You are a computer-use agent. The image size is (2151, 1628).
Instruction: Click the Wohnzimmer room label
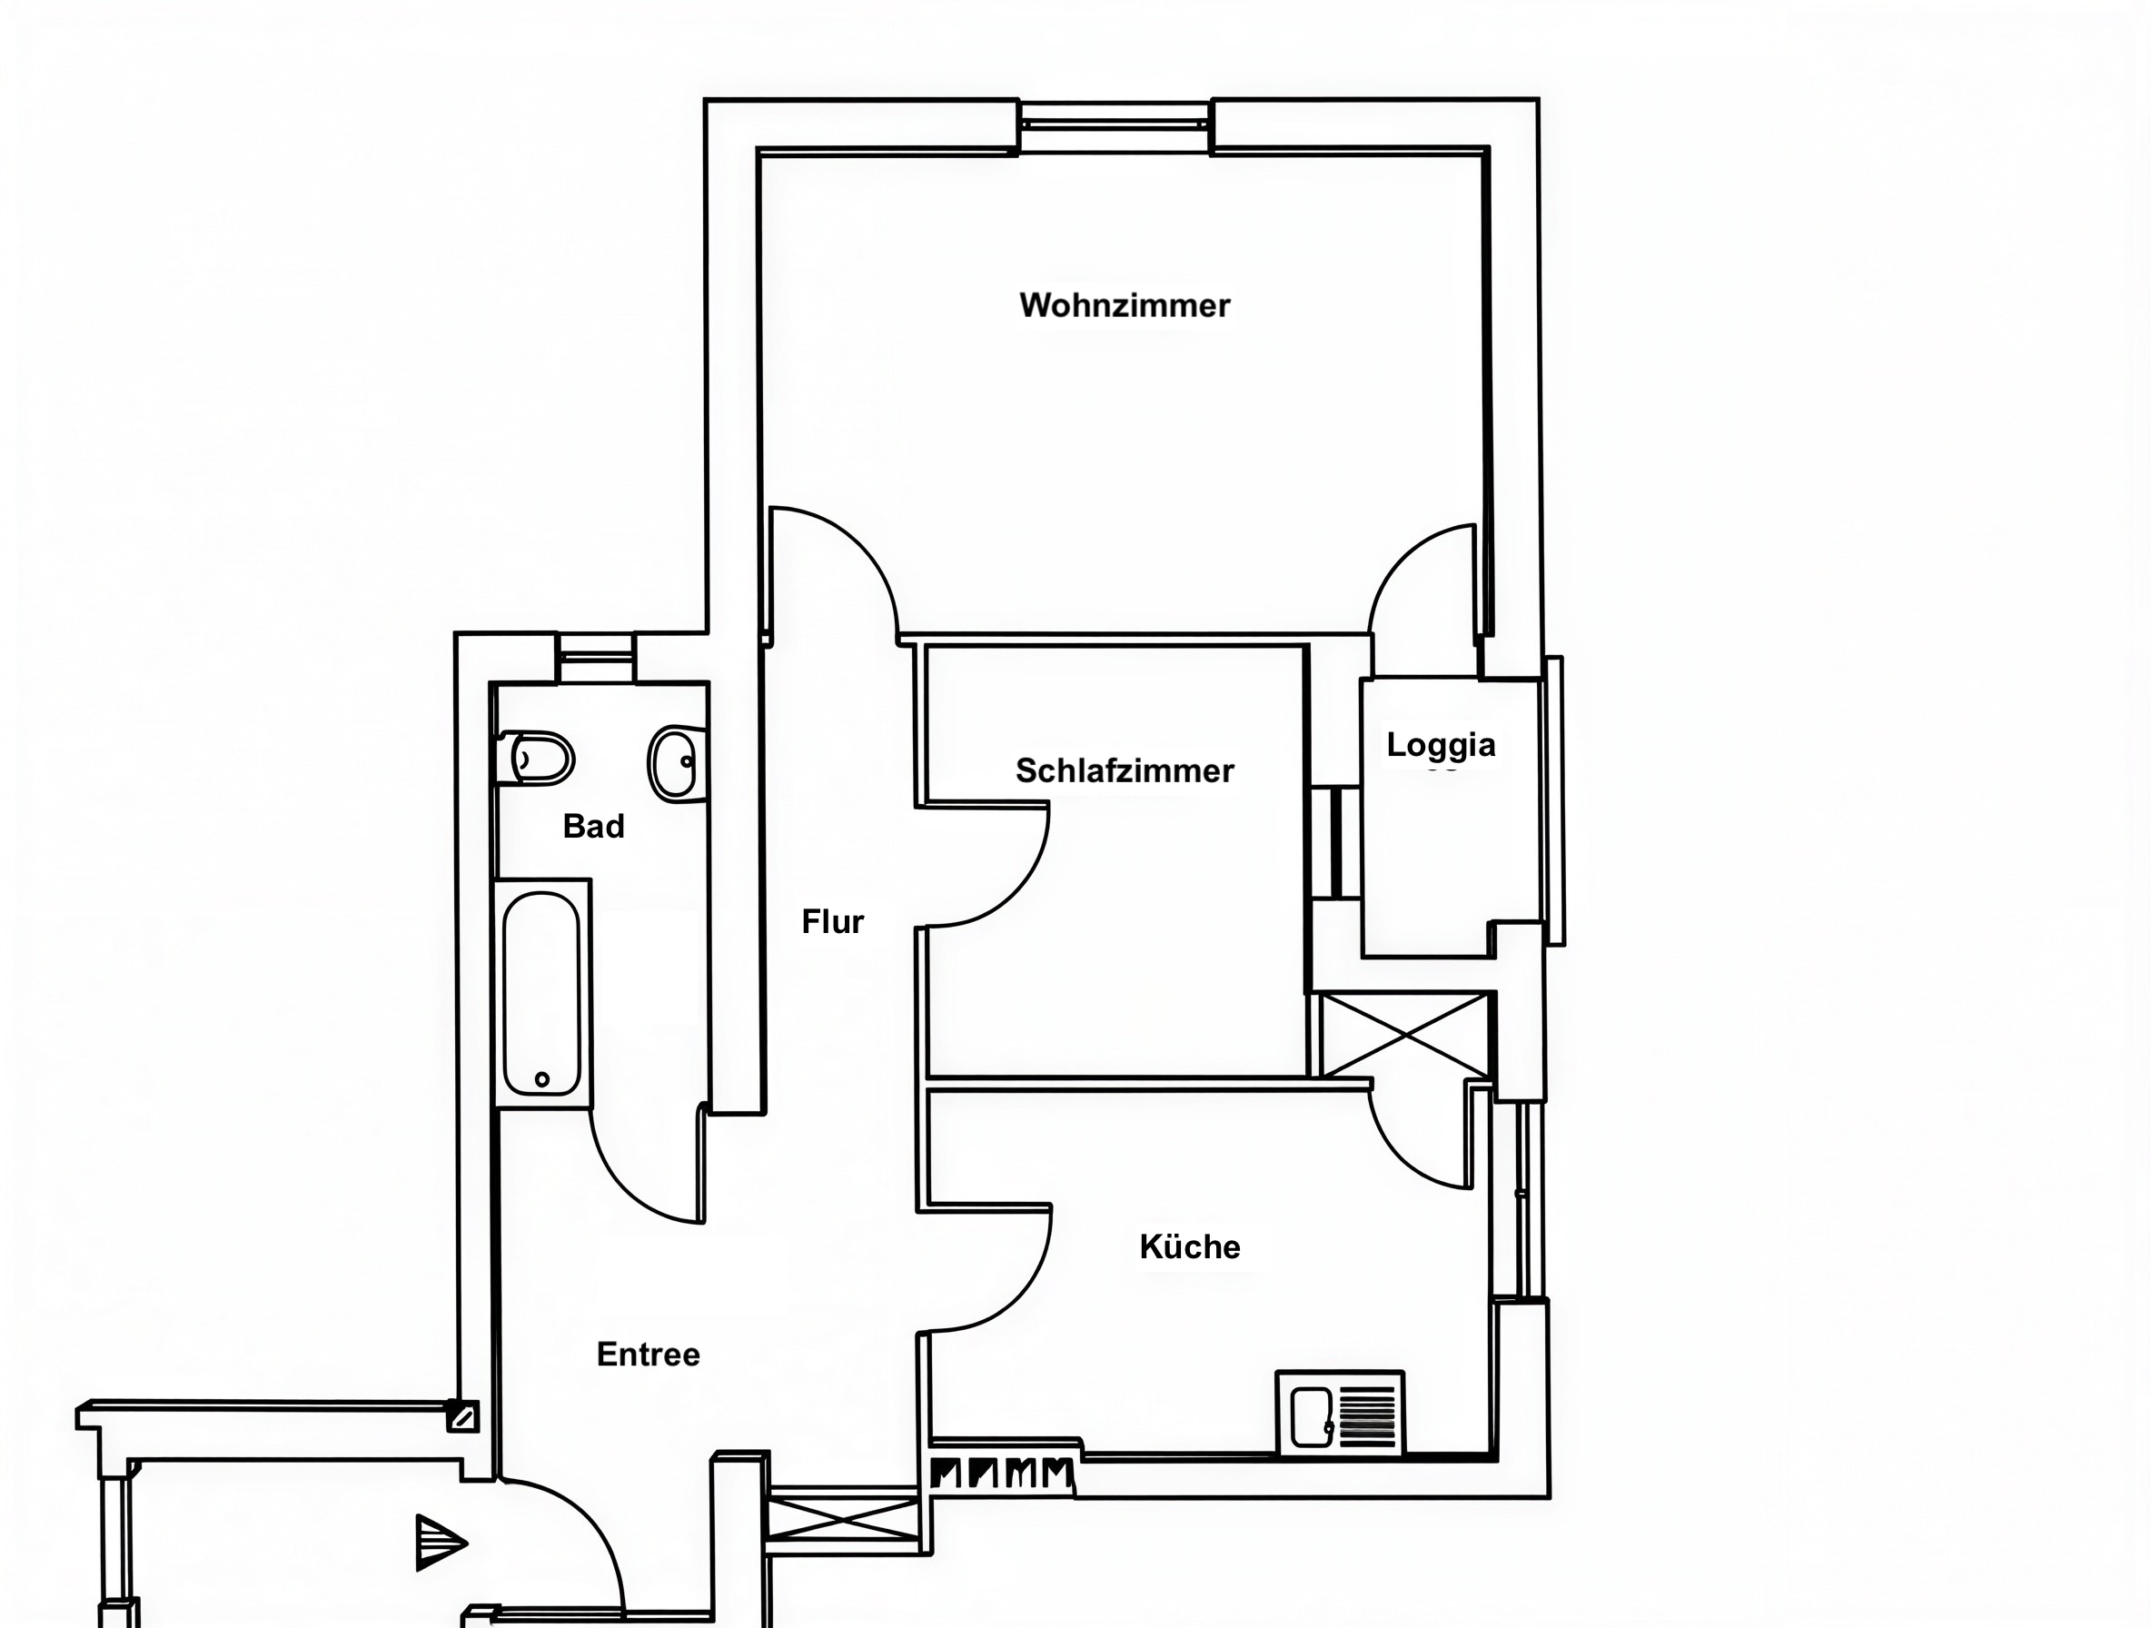tap(1125, 305)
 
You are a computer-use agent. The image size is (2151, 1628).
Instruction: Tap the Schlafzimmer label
tap(1125, 770)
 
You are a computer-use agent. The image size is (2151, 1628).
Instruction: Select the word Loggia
tap(1442, 746)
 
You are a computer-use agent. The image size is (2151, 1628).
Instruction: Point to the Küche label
tap(1189, 1246)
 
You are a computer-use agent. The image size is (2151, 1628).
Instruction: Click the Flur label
tap(832, 921)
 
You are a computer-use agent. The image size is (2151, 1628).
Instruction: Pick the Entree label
tap(648, 1354)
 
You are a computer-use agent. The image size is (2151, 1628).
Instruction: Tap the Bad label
tap(593, 826)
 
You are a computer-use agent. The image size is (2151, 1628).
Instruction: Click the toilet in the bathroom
tap(535, 758)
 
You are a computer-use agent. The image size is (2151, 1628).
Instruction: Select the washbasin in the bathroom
tap(677, 763)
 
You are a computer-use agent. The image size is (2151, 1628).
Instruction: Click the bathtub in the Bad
tap(542, 993)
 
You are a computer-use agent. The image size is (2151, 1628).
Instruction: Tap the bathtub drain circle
tap(542, 1079)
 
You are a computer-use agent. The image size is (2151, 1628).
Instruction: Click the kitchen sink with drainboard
tap(1340, 1414)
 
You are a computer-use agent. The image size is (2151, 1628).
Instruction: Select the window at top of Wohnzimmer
tap(1115, 124)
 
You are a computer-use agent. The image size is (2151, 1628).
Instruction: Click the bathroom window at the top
tap(595, 658)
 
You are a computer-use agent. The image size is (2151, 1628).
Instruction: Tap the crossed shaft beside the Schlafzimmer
tap(1404, 1035)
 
